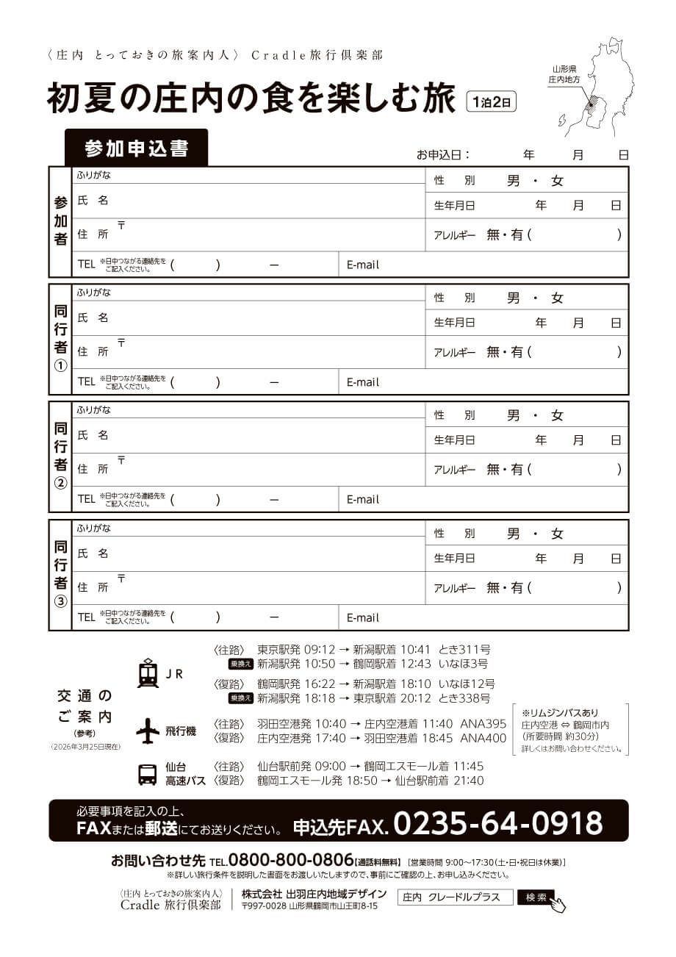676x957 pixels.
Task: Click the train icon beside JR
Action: [148, 673]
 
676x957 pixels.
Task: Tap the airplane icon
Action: [148, 731]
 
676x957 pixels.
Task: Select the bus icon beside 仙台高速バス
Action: [148, 774]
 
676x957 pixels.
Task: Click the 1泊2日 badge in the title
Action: [492, 101]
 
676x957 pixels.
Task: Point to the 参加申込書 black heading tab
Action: [137, 148]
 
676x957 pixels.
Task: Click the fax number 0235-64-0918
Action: [497, 822]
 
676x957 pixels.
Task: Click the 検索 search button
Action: [536, 897]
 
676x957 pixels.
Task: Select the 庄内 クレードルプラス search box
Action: [455, 897]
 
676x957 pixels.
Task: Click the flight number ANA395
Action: [483, 723]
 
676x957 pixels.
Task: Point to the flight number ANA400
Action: [483, 738]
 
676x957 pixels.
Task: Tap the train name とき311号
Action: [464, 649]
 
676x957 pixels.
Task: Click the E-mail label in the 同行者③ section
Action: [363, 617]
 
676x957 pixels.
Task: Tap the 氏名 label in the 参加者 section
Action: [93, 201]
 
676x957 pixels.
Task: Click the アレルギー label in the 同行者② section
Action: [455, 470]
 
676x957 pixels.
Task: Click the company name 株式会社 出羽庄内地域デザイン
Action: [314, 894]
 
